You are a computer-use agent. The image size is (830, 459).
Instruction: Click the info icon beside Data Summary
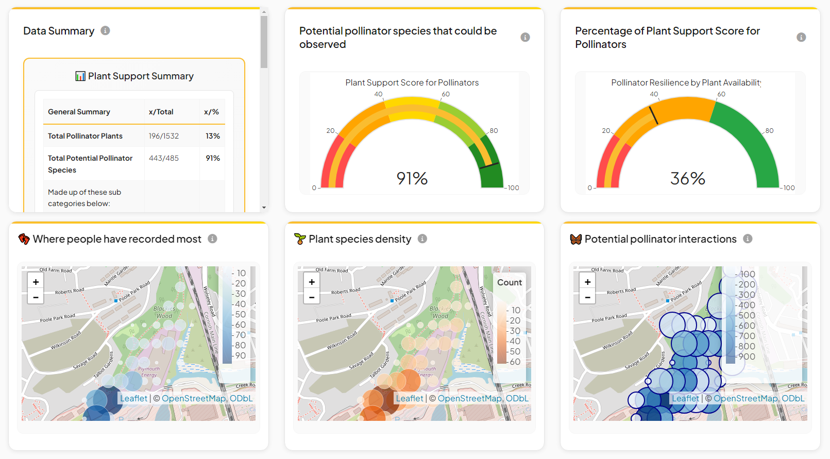click(x=105, y=30)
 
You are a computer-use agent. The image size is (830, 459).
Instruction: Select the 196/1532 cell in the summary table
click(x=164, y=136)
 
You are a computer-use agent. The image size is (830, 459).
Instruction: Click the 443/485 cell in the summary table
click(x=164, y=158)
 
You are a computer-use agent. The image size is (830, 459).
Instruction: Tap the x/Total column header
click(x=161, y=112)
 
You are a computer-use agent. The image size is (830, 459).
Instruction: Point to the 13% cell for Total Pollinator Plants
click(x=213, y=136)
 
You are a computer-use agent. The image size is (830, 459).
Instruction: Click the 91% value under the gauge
click(x=412, y=178)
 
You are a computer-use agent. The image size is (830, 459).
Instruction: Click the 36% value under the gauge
click(x=687, y=178)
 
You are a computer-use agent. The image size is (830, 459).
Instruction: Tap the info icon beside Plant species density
click(x=422, y=239)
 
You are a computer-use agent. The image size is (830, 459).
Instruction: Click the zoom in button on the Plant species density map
click(x=312, y=282)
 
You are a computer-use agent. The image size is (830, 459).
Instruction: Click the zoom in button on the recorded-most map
click(x=36, y=282)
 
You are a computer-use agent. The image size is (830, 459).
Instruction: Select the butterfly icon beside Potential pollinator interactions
click(x=575, y=239)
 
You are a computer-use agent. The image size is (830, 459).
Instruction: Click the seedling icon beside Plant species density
click(x=300, y=239)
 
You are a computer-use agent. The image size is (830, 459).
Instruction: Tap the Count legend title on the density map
click(x=509, y=282)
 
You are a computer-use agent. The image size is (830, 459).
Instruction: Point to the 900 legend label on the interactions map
click(x=747, y=356)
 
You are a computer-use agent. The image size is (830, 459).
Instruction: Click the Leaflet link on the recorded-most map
click(x=133, y=398)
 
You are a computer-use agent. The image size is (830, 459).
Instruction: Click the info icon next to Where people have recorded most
click(x=212, y=239)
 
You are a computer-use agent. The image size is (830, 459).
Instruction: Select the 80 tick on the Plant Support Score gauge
click(x=494, y=130)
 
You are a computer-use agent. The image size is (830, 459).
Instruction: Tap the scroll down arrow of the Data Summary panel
click(x=264, y=208)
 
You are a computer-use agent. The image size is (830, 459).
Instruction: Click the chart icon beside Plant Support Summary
click(x=80, y=76)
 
